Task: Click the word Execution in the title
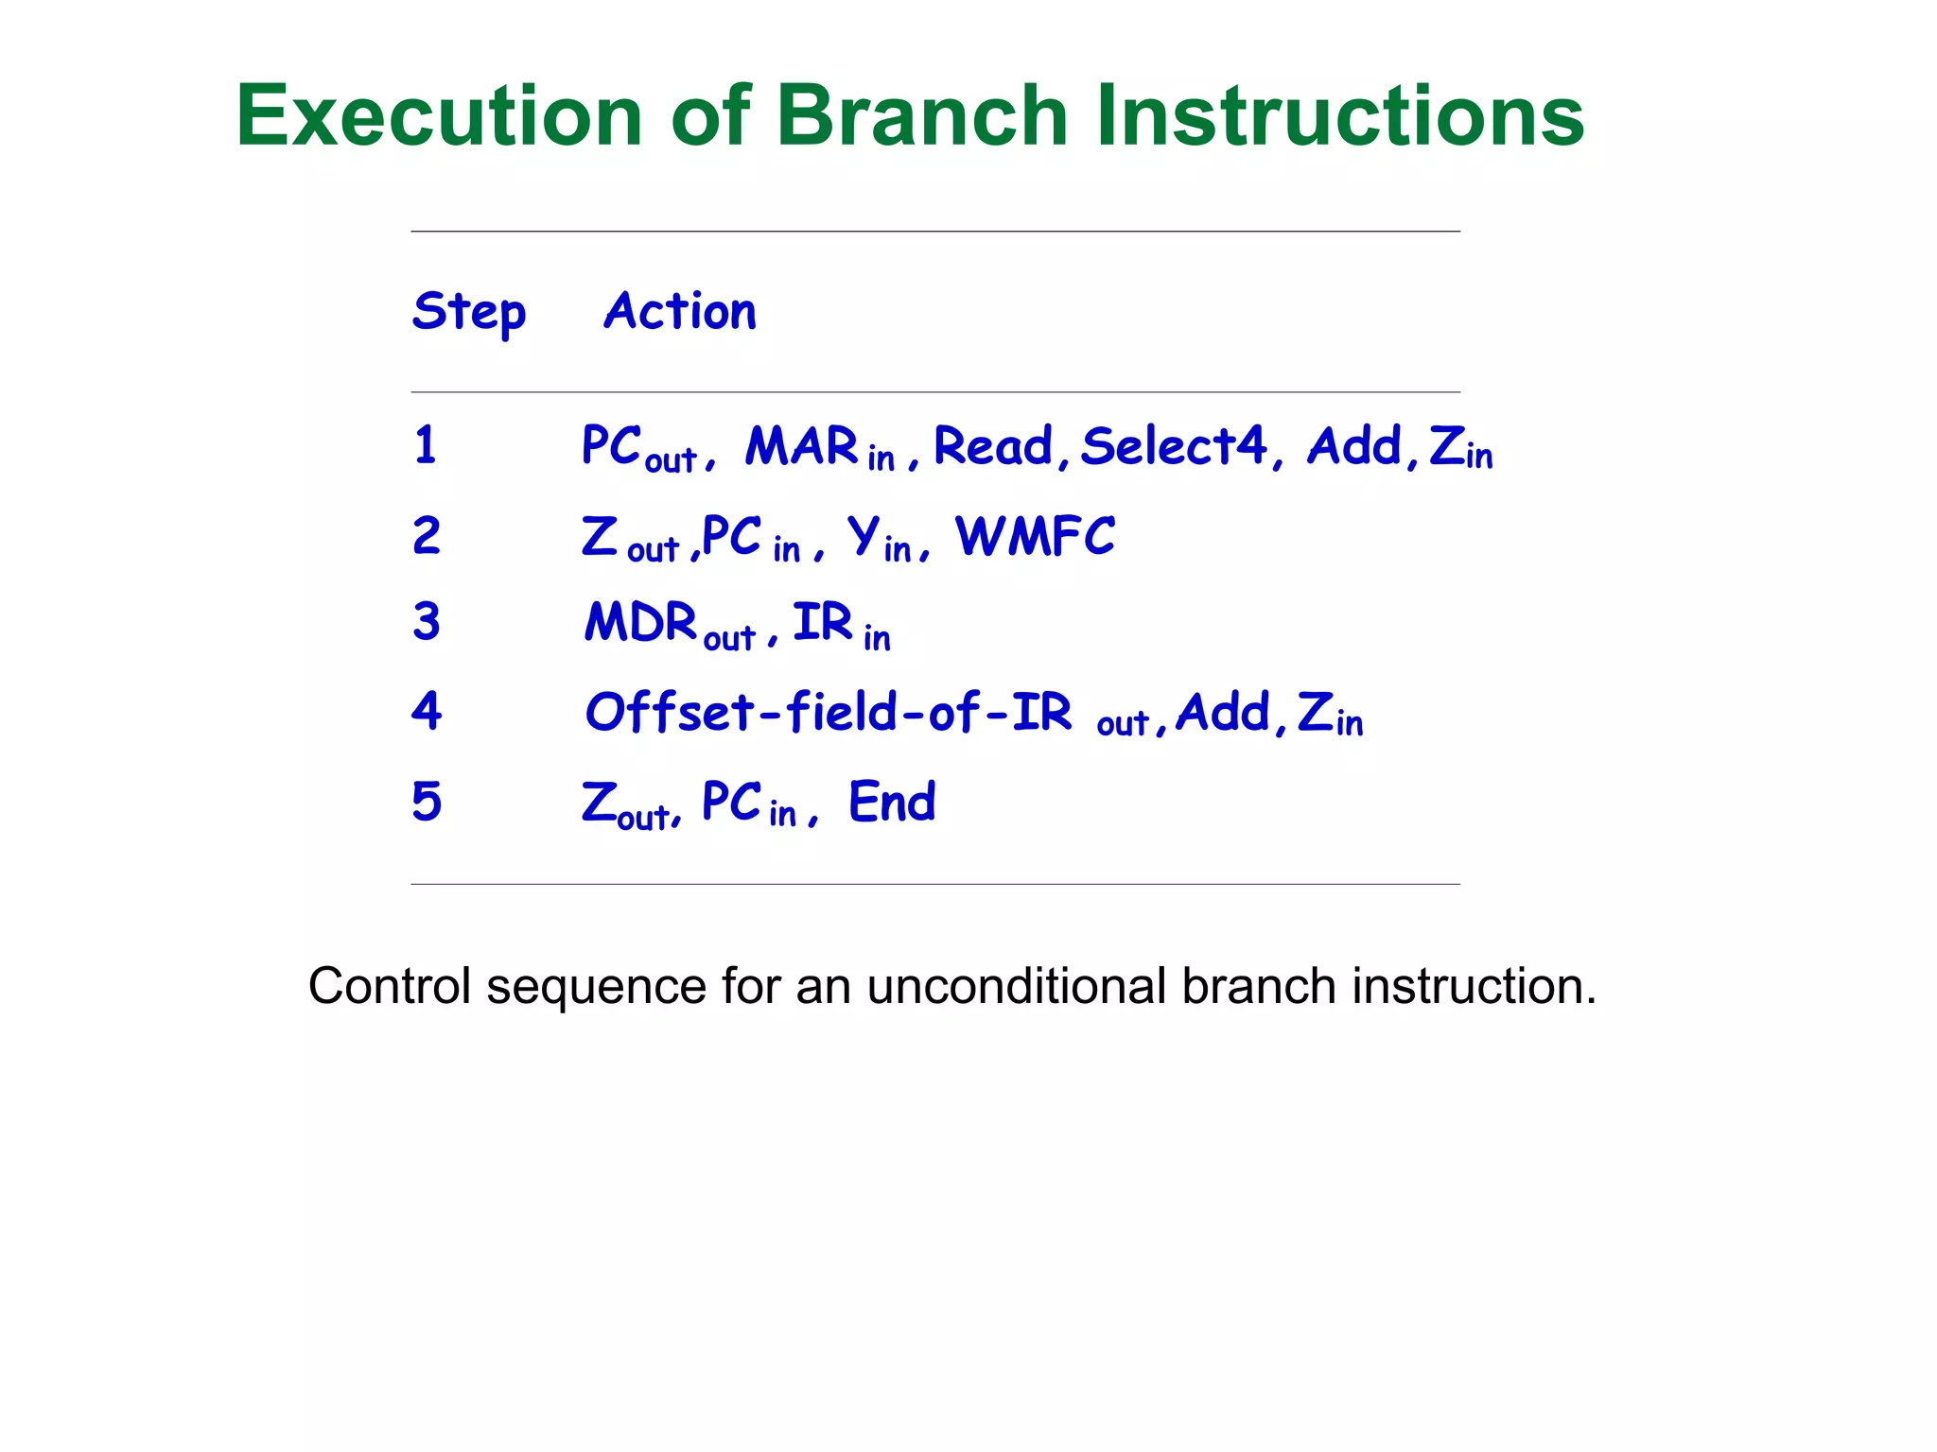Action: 440,116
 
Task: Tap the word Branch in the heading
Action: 921,116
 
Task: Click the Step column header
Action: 469,311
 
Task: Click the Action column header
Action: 680,311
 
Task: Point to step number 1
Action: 426,445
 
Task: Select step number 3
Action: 427,622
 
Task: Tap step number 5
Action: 427,802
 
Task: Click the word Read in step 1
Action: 993,446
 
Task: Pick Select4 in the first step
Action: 1173,446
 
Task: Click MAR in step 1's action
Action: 801,446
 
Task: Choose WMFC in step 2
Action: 1035,537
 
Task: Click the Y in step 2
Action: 864,535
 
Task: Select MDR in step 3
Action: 640,623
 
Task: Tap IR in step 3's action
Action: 822,622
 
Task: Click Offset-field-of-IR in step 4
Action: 829,712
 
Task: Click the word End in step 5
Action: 892,802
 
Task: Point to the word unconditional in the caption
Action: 1016,986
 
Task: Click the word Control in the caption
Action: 389,986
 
